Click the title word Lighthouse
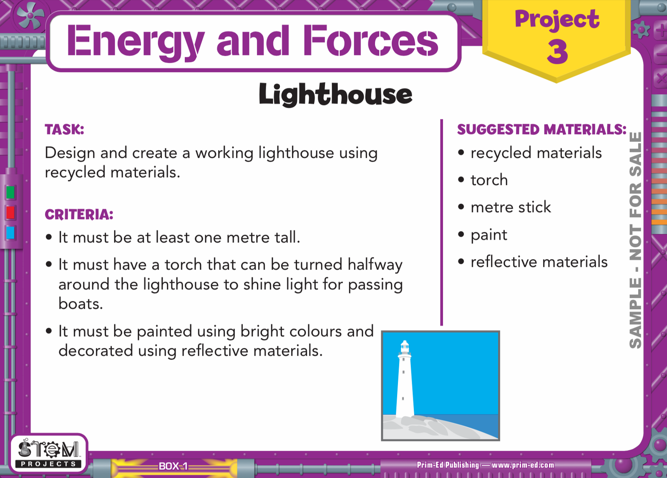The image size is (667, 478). pyautogui.click(x=335, y=94)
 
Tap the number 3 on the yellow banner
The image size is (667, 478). pyautogui.click(x=557, y=51)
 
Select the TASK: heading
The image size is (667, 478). pyautogui.click(x=65, y=129)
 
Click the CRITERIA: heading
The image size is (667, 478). pyautogui.click(x=79, y=215)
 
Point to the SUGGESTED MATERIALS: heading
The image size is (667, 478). pyautogui.click(x=542, y=129)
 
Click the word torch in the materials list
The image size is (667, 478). pyautogui.click(x=489, y=180)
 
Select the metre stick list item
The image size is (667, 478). pyautogui.click(x=511, y=207)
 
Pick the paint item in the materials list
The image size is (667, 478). pyautogui.click(x=488, y=235)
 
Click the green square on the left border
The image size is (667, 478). pyautogui.click(x=10, y=192)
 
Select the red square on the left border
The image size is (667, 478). pyautogui.click(x=10, y=213)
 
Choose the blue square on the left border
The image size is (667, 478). pyautogui.click(x=10, y=233)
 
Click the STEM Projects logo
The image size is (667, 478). pyautogui.click(x=48, y=453)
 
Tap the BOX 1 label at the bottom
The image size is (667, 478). pyautogui.click(x=173, y=466)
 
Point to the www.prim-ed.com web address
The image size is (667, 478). pyautogui.click(x=523, y=465)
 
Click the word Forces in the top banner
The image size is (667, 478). pyautogui.click(x=370, y=41)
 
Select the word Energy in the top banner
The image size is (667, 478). pyautogui.click(x=136, y=43)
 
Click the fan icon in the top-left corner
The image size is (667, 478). pyautogui.click(x=30, y=16)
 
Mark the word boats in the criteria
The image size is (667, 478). pyautogui.click(x=81, y=304)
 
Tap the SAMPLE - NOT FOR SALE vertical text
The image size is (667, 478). pyautogui.click(x=635, y=240)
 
